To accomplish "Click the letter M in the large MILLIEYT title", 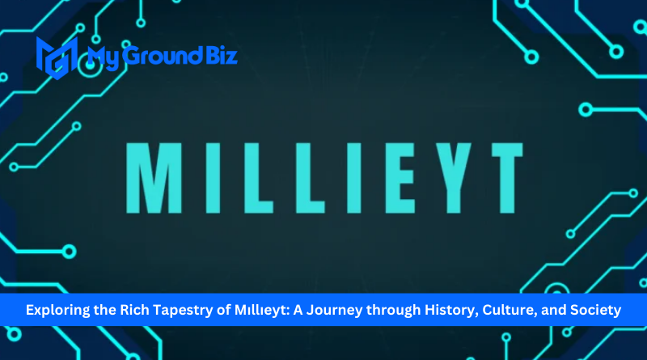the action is (154, 178).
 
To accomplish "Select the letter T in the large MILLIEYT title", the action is (507, 178).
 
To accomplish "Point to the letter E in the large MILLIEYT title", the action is (400, 178).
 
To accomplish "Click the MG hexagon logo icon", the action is (57, 57).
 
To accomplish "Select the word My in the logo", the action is (104, 57).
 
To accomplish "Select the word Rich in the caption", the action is (134, 310).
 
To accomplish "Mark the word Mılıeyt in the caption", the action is (262, 311).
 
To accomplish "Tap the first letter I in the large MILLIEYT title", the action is (213, 178).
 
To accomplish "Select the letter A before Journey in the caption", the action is (298, 310).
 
